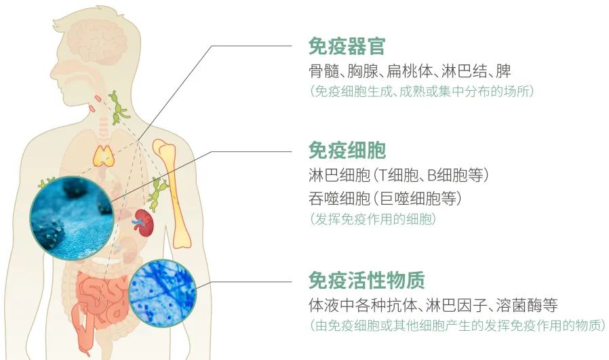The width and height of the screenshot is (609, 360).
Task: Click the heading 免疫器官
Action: [x=347, y=46]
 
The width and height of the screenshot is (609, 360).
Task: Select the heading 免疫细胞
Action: [x=347, y=150]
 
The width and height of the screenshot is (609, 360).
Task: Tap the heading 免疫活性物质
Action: [x=367, y=279]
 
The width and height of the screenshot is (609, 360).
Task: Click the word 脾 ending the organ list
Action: [x=503, y=71]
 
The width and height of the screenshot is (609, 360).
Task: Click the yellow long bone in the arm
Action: [x=172, y=193]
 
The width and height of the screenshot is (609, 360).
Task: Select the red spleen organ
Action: [x=144, y=223]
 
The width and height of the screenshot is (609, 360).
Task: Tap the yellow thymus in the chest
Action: [x=103, y=156]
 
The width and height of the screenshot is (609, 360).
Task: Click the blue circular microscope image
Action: [x=162, y=293]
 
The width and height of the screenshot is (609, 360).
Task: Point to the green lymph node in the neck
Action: [x=118, y=108]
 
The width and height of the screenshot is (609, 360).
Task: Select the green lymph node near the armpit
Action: [x=158, y=193]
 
